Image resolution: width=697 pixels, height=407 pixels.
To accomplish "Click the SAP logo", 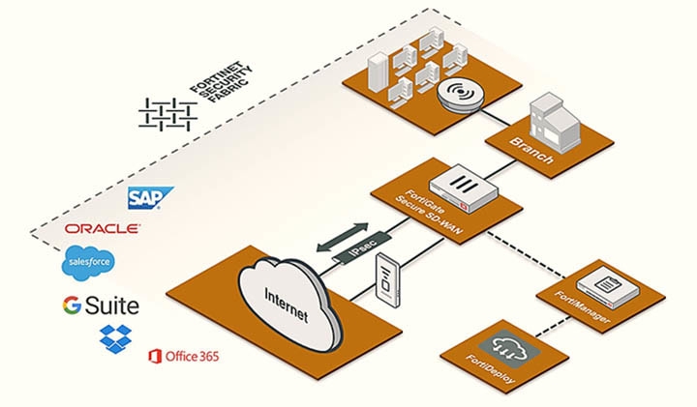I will click(150, 198).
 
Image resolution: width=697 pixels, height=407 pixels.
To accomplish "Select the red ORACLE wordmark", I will click(102, 229).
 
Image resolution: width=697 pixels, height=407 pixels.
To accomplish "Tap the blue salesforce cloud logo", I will click(88, 262).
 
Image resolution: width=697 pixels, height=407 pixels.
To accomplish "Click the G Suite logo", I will click(101, 306).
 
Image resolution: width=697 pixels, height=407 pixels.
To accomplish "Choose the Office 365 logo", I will click(183, 357).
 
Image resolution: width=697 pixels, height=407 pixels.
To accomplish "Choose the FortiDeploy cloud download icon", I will click(506, 346).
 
